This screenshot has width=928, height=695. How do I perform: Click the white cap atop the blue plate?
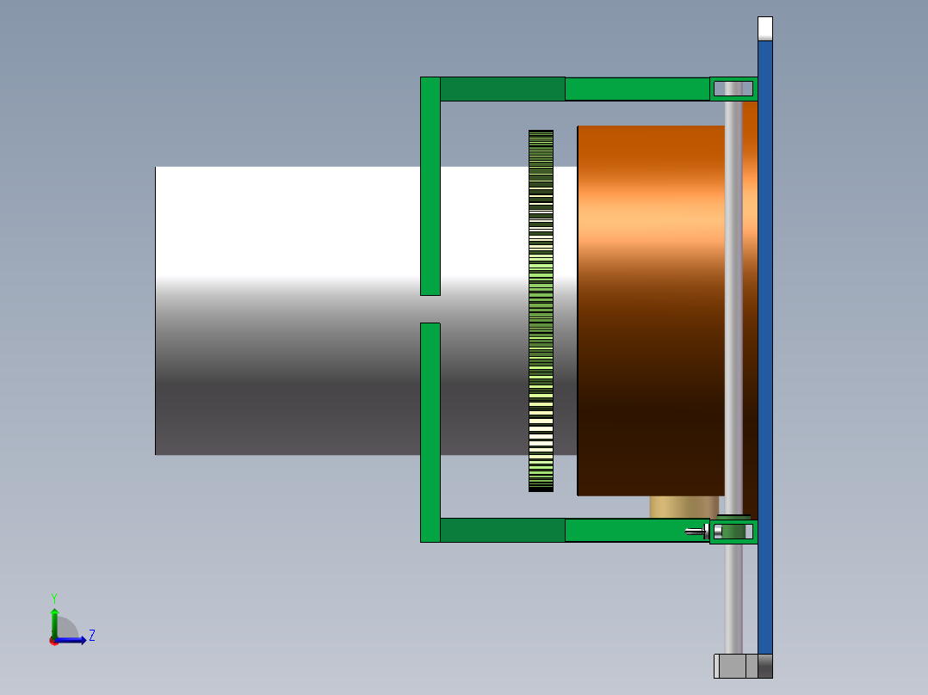(x=764, y=28)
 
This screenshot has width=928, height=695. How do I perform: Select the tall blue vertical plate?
(x=764, y=344)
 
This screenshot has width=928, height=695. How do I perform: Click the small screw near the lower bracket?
(x=695, y=531)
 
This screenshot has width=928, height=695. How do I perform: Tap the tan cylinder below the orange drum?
(x=684, y=507)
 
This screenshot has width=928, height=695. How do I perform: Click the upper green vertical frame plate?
(x=430, y=185)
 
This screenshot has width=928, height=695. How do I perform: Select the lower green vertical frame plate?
(x=430, y=430)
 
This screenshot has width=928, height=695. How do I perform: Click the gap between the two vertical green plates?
(x=430, y=309)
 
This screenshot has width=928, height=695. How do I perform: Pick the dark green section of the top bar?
(x=502, y=89)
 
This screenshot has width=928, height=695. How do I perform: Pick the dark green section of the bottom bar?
(x=502, y=530)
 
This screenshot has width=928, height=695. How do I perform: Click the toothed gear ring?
(x=541, y=310)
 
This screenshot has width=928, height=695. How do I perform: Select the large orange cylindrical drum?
(x=650, y=310)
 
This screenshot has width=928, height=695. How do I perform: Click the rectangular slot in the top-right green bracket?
(x=733, y=89)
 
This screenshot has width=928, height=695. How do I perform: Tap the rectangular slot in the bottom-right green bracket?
(x=733, y=532)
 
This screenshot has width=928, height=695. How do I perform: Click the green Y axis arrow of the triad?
(x=54, y=617)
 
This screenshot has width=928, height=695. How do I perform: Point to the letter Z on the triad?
(x=91, y=636)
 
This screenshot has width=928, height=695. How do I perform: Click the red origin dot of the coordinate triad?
(x=54, y=641)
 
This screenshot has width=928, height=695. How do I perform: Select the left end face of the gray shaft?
(x=156, y=310)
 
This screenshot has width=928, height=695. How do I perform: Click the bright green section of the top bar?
(x=637, y=89)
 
